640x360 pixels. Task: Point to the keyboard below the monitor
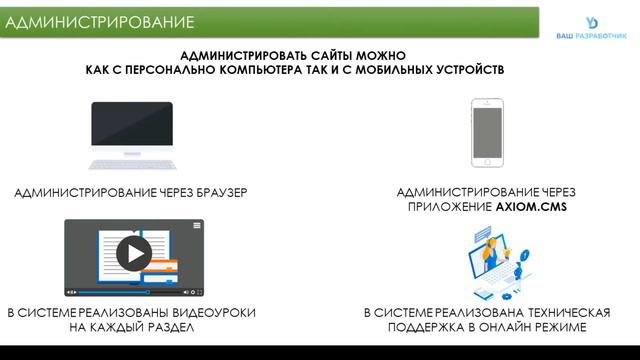pos(131,162)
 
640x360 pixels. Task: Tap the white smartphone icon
pos(486,132)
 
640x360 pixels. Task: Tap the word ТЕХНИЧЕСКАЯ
pos(549,313)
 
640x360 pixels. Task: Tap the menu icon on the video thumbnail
pos(197,225)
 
